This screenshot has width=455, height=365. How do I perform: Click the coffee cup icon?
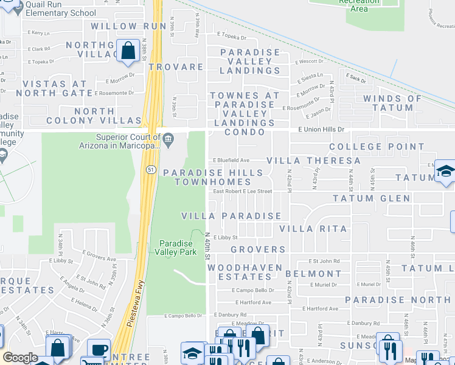(99, 350)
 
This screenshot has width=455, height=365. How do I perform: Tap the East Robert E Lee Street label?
(242, 191)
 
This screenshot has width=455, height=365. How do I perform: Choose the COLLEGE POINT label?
(377, 147)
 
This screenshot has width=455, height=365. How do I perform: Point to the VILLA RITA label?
(313, 229)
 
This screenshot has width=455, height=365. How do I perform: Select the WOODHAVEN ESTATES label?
(245, 272)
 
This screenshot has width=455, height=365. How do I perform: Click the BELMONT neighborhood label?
(313, 274)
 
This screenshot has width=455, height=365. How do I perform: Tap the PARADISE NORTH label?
(398, 300)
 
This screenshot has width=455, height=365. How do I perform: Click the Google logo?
(20, 358)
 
